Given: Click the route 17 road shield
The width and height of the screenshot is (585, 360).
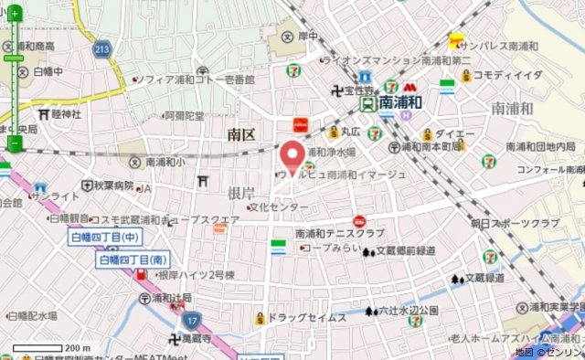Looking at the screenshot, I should (x=190, y=321).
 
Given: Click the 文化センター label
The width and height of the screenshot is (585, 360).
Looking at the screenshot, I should (x=278, y=207).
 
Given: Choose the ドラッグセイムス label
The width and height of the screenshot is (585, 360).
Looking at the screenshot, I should (x=305, y=317).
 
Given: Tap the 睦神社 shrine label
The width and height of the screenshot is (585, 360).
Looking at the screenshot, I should (x=67, y=114).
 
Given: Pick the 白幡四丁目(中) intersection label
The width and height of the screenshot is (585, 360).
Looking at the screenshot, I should (x=104, y=238).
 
